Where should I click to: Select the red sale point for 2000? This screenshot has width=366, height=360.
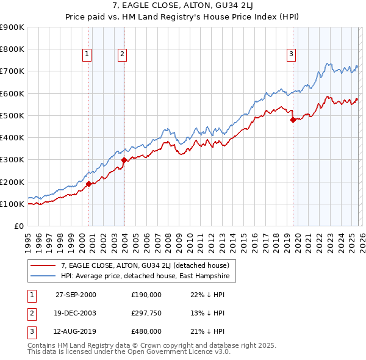89,183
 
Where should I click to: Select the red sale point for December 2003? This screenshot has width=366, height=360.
124,160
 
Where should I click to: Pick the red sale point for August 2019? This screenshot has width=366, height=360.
293,120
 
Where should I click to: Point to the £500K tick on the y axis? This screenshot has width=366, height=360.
12,115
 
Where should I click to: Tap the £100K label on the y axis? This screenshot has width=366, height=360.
12,204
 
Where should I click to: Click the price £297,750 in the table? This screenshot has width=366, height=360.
146,313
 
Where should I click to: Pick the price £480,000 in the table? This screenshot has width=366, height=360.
146,331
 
